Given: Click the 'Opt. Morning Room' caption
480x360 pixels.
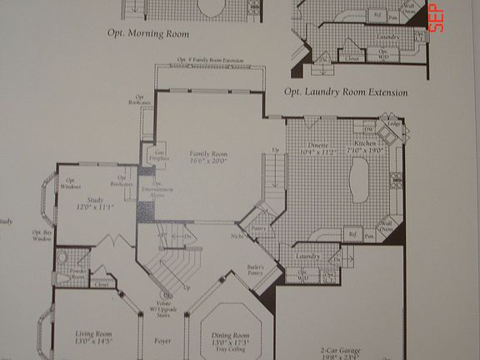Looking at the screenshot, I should coord(147,34).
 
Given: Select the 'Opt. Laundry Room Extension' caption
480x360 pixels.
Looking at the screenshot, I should coord(345,92).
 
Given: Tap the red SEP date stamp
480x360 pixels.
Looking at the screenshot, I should coord(435,18).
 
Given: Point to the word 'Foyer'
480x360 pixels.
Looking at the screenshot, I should coord(163,341).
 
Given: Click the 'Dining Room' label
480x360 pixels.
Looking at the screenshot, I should coord(231,337).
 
